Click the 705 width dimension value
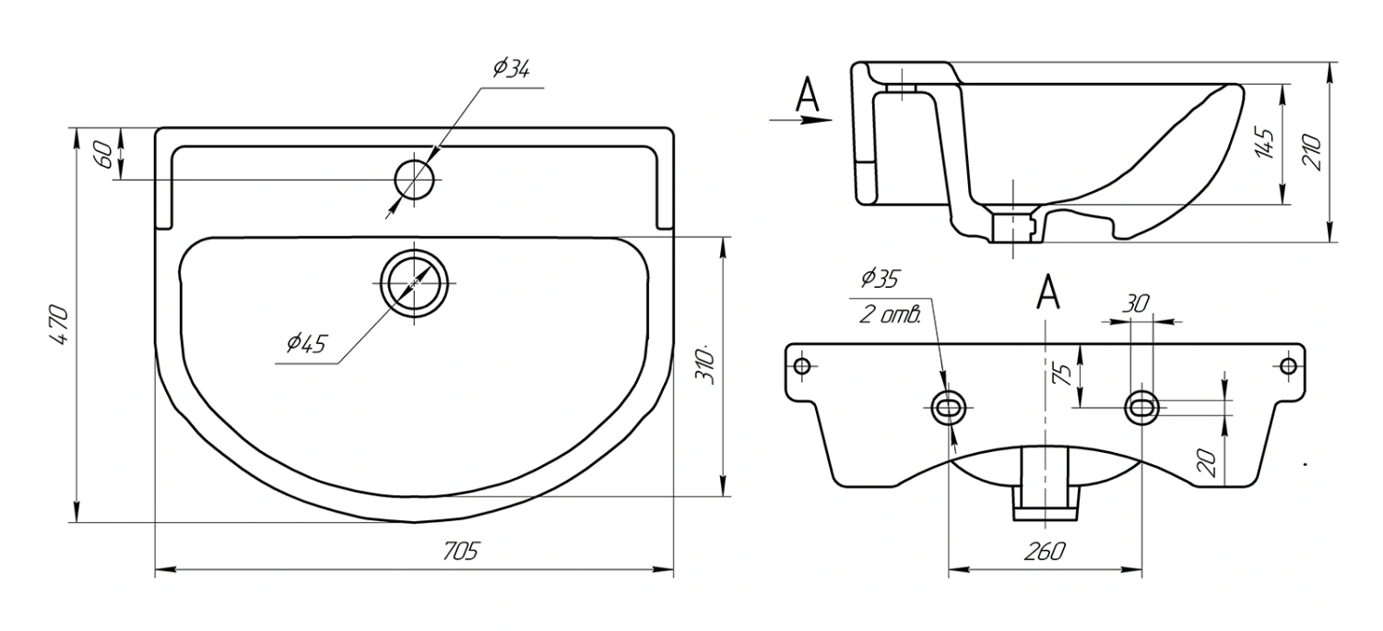[461, 551]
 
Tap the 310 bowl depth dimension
[706, 366]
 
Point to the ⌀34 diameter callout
[511, 67]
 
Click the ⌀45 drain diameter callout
[305, 343]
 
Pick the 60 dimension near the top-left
[103, 154]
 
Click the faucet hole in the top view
[414, 180]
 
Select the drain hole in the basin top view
[414, 283]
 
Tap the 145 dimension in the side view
[1265, 143]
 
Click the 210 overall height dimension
[1311, 151]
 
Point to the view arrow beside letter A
[801, 120]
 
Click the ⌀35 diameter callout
[880, 279]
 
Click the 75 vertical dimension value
[1065, 375]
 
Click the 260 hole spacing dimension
[1045, 551]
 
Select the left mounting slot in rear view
[949, 408]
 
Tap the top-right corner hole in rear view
[1288, 366]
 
